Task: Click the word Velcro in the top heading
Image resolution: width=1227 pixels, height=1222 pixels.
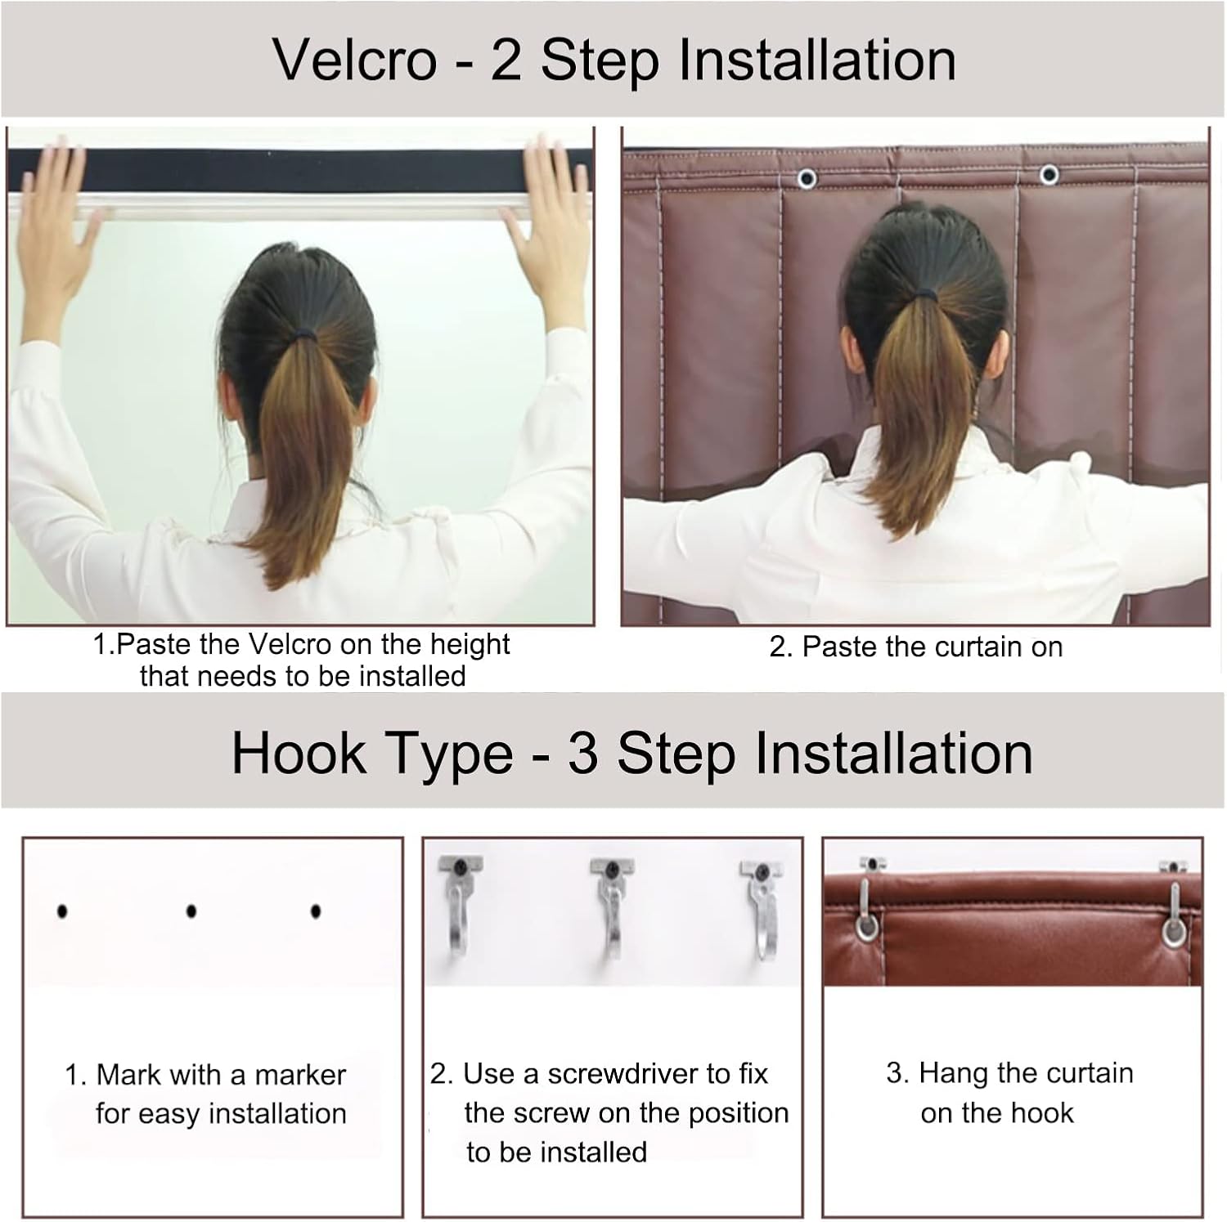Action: tap(354, 60)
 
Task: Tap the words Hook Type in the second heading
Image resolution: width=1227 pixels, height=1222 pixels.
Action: tap(371, 753)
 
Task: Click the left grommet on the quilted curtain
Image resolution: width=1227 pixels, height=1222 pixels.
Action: tap(807, 178)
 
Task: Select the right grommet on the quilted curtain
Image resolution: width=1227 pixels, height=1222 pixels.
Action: tap(1049, 174)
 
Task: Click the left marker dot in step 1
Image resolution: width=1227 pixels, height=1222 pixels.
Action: tap(62, 911)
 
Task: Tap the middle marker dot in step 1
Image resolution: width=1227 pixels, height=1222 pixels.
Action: tap(191, 911)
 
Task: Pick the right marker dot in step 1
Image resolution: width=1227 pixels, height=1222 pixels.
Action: tap(316, 911)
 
